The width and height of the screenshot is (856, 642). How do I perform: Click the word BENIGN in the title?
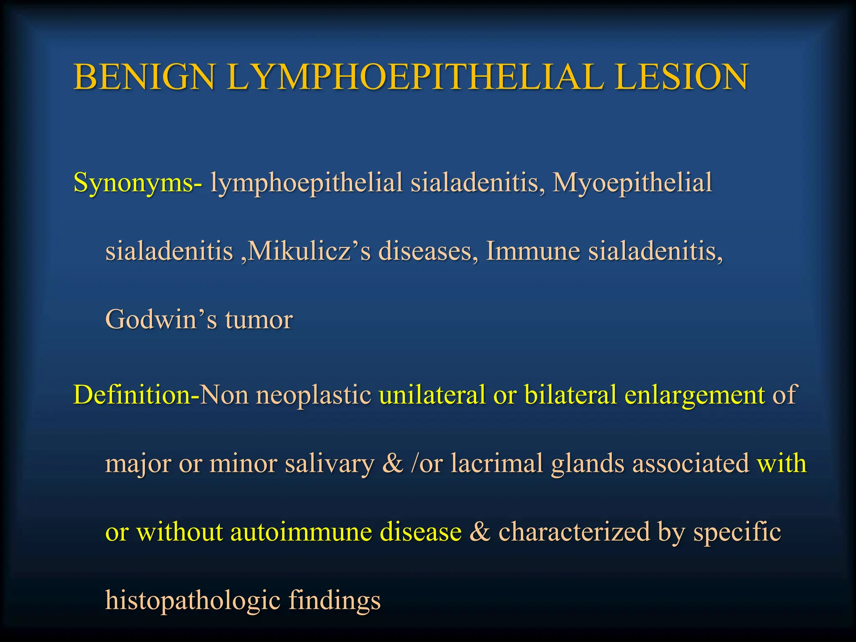click(x=144, y=77)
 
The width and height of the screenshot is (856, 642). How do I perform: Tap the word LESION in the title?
click(x=681, y=77)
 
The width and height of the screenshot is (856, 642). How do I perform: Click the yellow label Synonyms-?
click(x=138, y=183)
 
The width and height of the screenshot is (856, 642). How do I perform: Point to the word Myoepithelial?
click(x=632, y=183)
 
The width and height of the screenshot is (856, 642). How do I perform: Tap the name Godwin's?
click(x=161, y=320)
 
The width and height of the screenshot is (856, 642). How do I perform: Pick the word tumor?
click(x=259, y=320)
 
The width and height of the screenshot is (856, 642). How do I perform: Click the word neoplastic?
click(x=313, y=395)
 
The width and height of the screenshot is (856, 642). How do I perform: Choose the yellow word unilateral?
click(x=432, y=395)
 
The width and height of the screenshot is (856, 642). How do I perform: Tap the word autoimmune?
click(x=301, y=532)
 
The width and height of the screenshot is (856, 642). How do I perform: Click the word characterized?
click(x=574, y=532)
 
